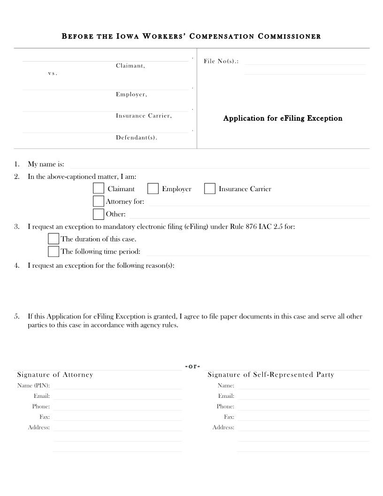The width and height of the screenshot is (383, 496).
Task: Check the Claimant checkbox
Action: coord(98,188)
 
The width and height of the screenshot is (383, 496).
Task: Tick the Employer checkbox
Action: coord(153,188)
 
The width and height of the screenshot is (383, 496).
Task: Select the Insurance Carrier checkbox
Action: coord(209,188)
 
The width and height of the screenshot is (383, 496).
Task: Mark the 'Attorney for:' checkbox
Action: coord(98,201)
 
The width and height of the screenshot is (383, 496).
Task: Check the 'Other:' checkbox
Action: coord(98,214)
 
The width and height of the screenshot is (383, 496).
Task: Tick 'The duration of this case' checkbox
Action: coord(54,239)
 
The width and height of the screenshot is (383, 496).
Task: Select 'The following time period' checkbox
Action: coord(54,251)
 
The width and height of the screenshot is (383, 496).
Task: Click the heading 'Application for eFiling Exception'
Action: coord(283,118)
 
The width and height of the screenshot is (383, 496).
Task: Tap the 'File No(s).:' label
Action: coord(221,62)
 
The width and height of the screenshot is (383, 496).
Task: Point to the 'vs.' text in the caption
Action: coord(53,74)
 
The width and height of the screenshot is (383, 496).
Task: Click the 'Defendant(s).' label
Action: coord(137,138)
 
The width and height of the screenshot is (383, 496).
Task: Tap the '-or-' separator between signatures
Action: coord(192,366)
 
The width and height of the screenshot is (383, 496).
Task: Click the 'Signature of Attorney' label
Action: coord(55,374)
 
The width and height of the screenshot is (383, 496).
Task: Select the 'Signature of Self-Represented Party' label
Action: coord(271,374)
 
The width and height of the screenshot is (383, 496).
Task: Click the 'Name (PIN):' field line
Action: coord(117,387)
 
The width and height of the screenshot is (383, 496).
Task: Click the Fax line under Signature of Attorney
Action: coord(117,418)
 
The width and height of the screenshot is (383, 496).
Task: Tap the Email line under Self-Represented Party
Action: coord(303,397)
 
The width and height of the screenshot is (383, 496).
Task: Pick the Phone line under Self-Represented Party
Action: coord(303,407)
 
